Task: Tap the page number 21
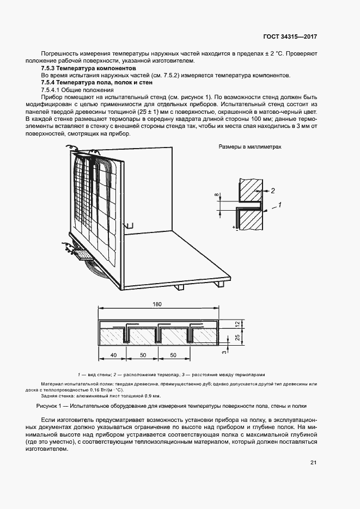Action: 313,463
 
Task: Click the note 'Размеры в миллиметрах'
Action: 250,147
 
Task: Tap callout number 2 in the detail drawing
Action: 274,191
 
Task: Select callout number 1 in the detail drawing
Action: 279,205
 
